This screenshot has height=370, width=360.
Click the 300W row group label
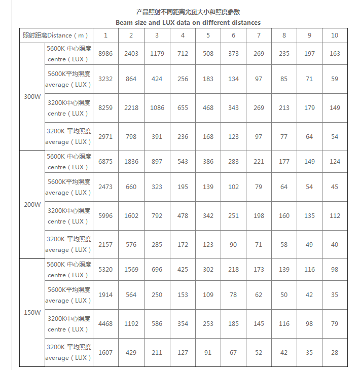tap(32, 97)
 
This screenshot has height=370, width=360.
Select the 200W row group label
tap(32, 205)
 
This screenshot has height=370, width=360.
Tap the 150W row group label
tap(32, 313)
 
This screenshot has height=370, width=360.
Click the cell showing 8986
tap(105, 54)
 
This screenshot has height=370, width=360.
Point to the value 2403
tap(131, 54)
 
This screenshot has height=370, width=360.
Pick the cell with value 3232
tap(105, 79)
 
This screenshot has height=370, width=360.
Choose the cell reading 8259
tap(105, 108)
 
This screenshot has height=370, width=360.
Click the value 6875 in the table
tap(105, 162)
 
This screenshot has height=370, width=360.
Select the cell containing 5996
tap(105, 216)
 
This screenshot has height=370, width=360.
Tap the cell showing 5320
tap(105, 270)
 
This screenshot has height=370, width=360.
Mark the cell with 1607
tap(105, 353)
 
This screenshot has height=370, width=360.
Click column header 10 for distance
tap(335, 35)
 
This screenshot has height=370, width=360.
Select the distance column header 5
tap(208, 35)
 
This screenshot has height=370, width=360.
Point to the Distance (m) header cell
tap(56, 35)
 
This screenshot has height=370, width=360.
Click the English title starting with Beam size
tap(188, 23)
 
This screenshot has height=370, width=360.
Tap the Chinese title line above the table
tap(188, 12)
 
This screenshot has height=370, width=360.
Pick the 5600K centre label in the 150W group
tap(69, 270)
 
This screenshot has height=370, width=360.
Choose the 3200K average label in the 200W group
tap(69, 244)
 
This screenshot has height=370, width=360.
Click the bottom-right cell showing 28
tap(335, 353)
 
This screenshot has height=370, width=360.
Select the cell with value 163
tap(335, 54)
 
